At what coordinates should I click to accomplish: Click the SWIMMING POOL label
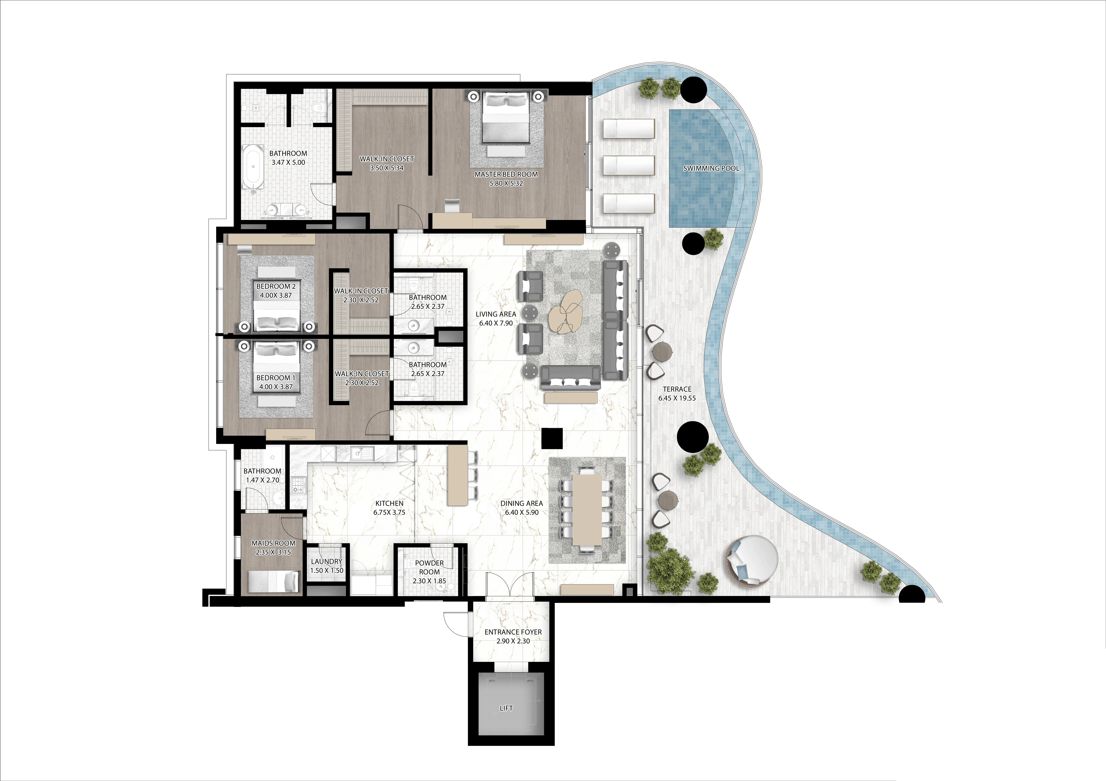pos(711,169)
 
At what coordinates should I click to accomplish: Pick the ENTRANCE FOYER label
pos(513,632)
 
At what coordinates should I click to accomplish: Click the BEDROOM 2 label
pos(276,286)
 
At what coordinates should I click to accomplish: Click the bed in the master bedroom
pos(506,118)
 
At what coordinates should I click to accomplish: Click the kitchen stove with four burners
pos(298,485)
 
